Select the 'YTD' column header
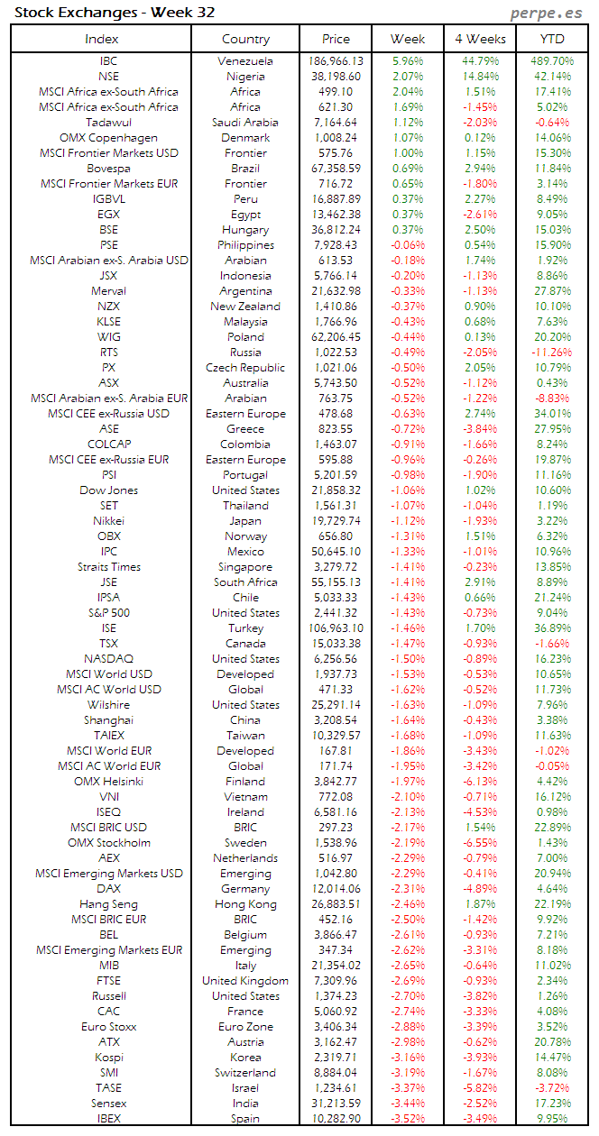552,39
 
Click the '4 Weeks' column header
480,39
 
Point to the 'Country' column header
245,39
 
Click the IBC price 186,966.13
336,61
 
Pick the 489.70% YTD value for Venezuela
550,61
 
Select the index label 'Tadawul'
108,123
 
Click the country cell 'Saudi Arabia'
245,123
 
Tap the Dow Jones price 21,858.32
336,490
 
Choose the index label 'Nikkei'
108,521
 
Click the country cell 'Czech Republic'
245,368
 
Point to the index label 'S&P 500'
108,613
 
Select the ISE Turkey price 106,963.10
336,628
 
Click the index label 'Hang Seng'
108,904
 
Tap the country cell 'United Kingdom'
245,981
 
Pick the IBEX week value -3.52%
408,1119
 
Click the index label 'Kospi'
108,1058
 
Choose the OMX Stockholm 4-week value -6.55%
480,843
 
